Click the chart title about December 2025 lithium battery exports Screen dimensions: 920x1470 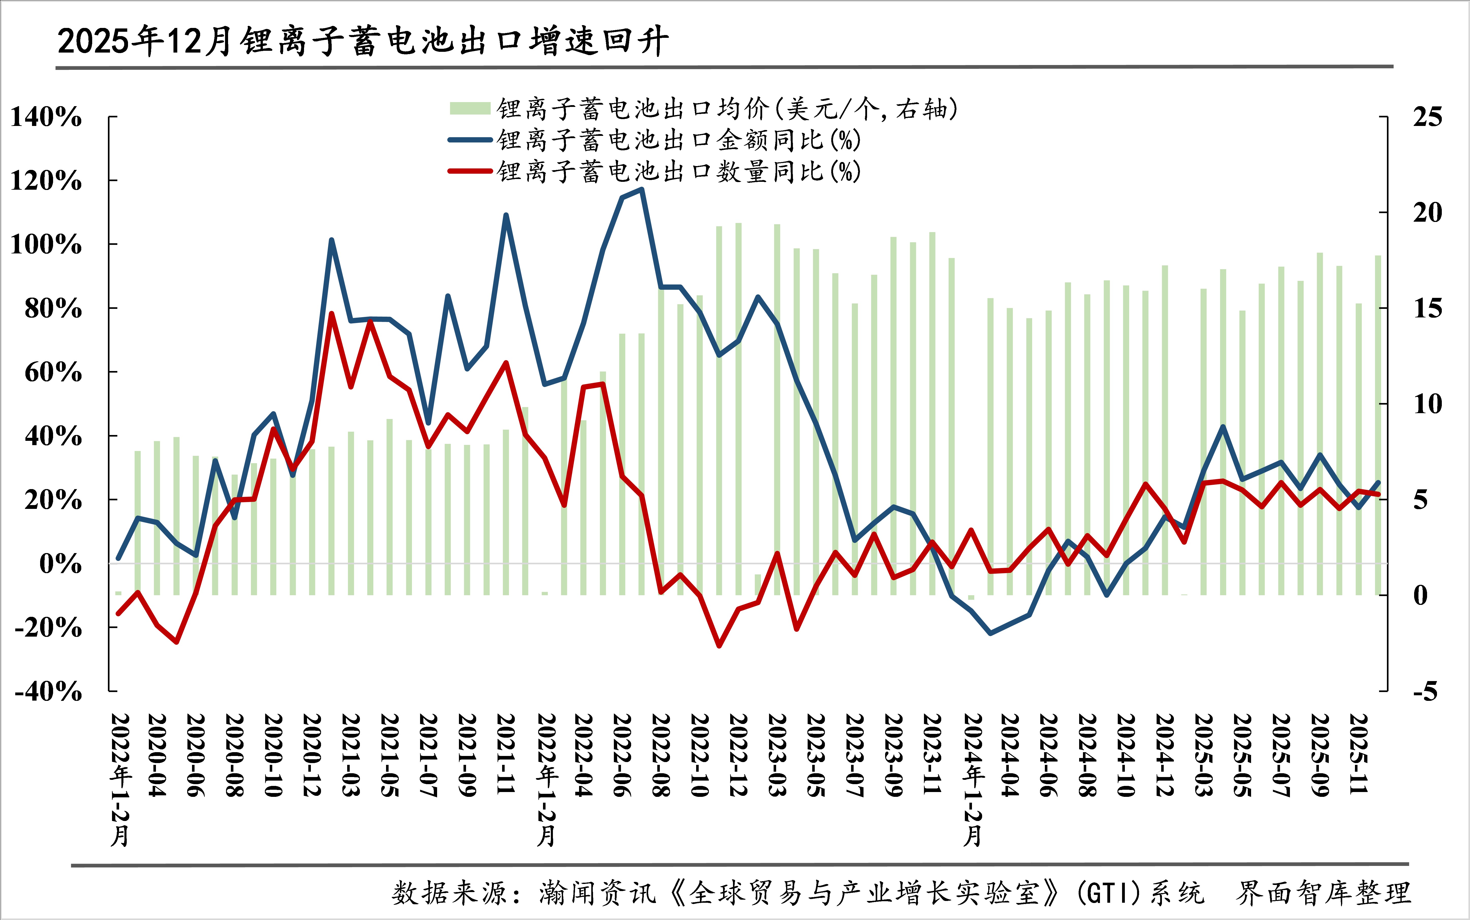[x=363, y=41]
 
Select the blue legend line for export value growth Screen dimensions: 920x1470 [x=470, y=140]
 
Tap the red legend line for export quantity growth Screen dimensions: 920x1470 [x=470, y=171]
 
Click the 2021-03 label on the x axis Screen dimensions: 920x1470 [x=351, y=754]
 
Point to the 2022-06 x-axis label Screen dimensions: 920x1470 [x=622, y=754]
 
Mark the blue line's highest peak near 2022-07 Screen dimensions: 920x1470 [x=641, y=189]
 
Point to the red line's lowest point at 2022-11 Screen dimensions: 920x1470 [x=719, y=645]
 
